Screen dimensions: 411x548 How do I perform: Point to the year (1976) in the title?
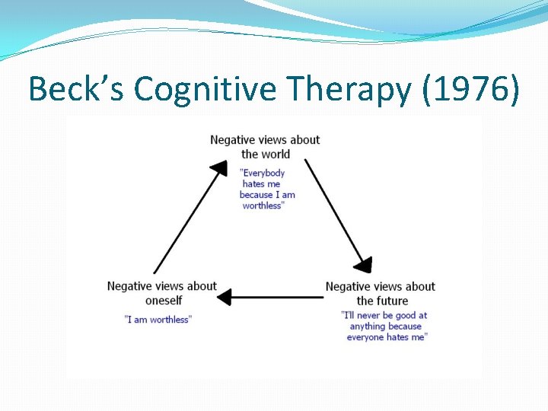pyautogui.click(x=477, y=90)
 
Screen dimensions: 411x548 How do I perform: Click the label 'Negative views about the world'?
pyautogui.click(x=265, y=147)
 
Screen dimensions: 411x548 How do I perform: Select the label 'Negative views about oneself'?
pyautogui.click(x=162, y=293)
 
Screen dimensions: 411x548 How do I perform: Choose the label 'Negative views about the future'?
pyautogui.click(x=381, y=293)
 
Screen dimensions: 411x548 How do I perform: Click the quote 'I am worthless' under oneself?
pyautogui.click(x=158, y=320)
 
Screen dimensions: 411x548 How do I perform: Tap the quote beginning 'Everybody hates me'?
pyautogui.click(x=266, y=190)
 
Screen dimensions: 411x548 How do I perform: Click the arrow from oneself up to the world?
pyautogui.click(x=186, y=221)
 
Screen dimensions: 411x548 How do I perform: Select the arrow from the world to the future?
pyautogui.click(x=335, y=213)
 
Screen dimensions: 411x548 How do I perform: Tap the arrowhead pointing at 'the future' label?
pyautogui.click(x=364, y=264)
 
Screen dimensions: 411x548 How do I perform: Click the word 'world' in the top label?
pyautogui.click(x=276, y=154)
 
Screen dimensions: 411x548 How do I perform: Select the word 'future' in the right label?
pyautogui.click(x=393, y=301)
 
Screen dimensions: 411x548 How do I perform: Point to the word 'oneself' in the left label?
pyautogui.click(x=164, y=301)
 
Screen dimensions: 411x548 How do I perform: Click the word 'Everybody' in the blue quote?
pyautogui.click(x=263, y=174)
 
